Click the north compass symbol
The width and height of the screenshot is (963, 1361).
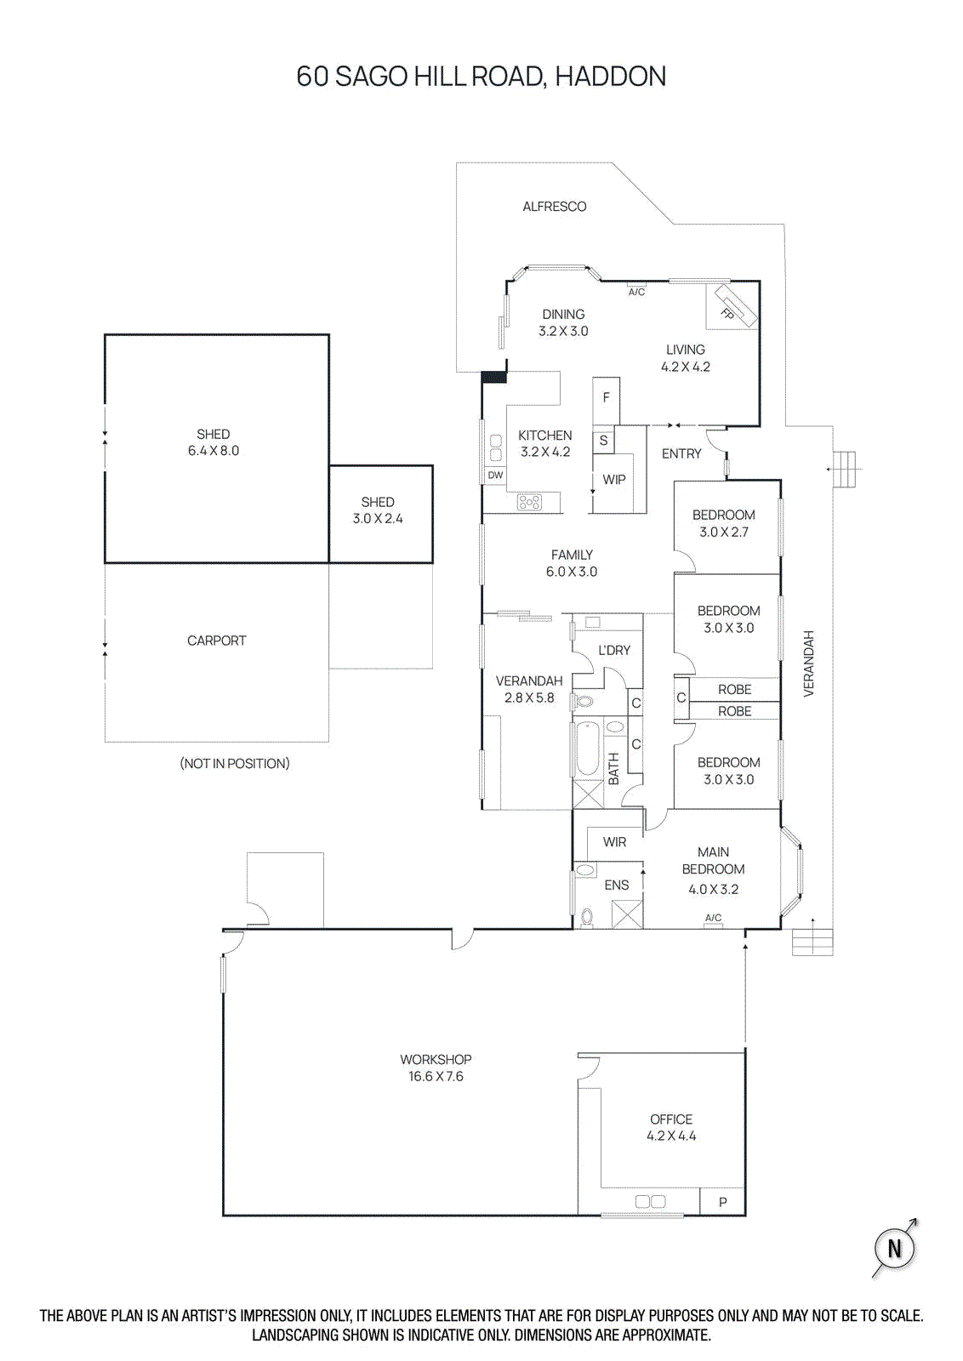[x=894, y=1248]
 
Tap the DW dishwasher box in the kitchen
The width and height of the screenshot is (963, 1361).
[x=495, y=475]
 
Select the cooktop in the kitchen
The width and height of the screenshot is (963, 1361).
[x=529, y=503]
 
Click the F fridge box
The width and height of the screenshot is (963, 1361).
[x=606, y=398]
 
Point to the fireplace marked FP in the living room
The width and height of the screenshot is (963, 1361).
[x=733, y=306]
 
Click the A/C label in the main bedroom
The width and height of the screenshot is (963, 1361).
[x=713, y=918]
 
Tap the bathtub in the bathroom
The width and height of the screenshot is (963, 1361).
[x=587, y=749]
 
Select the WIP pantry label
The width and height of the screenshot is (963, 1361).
[x=614, y=480]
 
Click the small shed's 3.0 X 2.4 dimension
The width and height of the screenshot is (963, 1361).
[x=378, y=519]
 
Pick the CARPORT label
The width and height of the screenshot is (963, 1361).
[x=216, y=641]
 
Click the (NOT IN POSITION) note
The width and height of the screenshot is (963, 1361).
[x=235, y=764]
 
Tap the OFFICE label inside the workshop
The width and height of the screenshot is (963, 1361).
[x=671, y=1119]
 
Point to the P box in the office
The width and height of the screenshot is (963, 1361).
[x=722, y=1202]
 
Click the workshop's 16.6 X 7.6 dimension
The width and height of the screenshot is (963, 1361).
[x=436, y=1077]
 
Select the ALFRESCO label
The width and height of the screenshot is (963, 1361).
[x=554, y=207]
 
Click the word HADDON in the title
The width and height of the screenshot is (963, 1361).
[x=610, y=77]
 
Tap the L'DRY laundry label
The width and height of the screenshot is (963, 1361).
[x=614, y=651]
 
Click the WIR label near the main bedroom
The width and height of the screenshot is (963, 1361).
[x=614, y=842]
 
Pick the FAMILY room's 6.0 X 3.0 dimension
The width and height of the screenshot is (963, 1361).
[x=572, y=572]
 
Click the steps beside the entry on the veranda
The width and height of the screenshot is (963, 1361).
[x=842, y=469]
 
